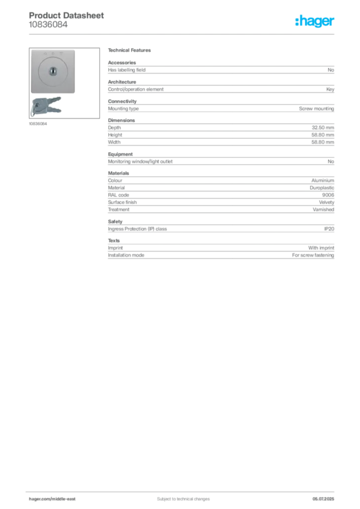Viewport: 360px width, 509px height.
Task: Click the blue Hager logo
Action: click(x=315, y=22)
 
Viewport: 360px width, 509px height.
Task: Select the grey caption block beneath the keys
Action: click(x=38, y=124)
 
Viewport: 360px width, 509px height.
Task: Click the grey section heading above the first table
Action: click(x=131, y=52)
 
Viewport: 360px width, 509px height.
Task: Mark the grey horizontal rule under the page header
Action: click(x=182, y=34)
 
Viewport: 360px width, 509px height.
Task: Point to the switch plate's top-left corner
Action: click(x=31, y=50)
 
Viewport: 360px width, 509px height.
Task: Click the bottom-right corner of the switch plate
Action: click(x=75, y=94)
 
